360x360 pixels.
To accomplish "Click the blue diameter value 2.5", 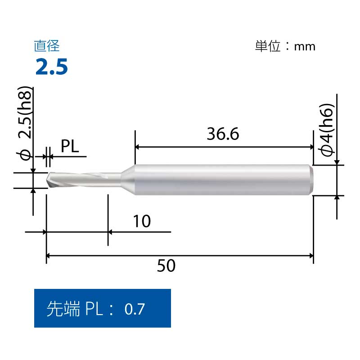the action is coord(52,67).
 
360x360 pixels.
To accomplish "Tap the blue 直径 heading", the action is coord(47,46).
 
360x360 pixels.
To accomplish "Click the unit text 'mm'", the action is coord(305,47).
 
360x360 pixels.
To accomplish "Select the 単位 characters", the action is coord(268,46).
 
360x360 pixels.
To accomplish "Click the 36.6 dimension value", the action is coord(223,134).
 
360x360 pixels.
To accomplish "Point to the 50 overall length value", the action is coord(166,265).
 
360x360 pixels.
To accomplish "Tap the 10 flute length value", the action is coord(142,221).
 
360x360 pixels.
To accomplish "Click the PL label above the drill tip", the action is coord(70,146).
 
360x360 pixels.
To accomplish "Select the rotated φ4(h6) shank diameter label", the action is coord(327,130).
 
